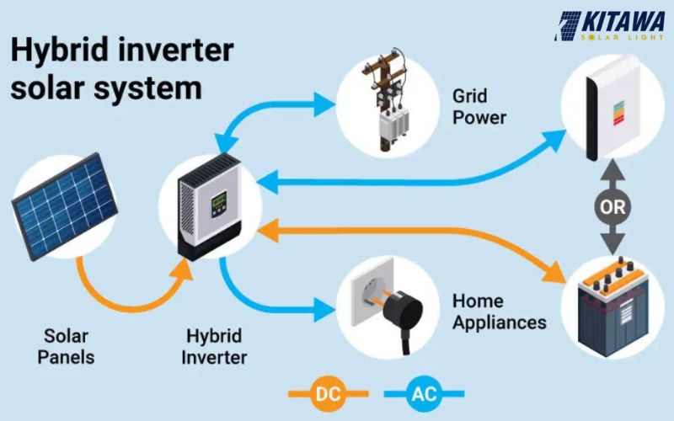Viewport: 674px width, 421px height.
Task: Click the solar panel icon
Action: point(64,206)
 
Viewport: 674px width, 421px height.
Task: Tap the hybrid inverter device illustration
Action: point(210,206)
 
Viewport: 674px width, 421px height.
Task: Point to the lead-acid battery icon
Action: point(612,306)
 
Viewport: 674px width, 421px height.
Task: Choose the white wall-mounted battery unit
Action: point(612,109)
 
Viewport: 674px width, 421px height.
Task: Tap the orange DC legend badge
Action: point(329,392)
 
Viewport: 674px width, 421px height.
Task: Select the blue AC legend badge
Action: point(423,392)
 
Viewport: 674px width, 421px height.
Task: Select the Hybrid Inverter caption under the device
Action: point(216,346)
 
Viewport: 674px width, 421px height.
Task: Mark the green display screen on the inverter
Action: point(222,202)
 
